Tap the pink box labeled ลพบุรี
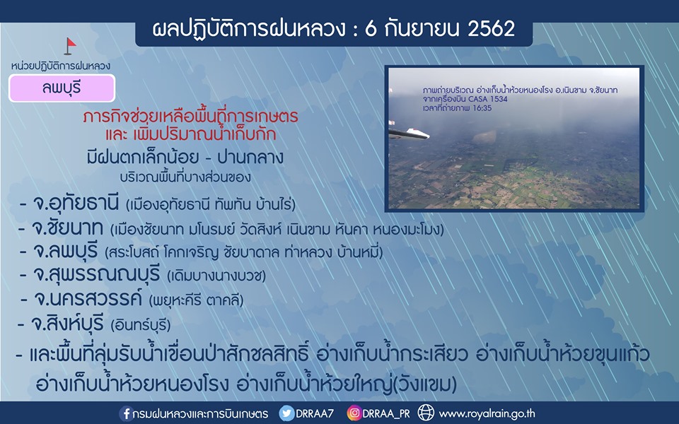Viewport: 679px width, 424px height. [62, 88]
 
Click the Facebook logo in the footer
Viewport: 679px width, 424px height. [126, 413]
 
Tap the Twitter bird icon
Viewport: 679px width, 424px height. [286, 413]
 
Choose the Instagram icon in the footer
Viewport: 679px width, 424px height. [354, 413]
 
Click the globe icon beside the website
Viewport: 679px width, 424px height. [426, 413]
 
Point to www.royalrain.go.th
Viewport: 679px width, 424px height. [487, 414]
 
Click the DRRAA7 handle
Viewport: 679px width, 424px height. [315, 413]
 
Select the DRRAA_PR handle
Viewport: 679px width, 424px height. [386, 414]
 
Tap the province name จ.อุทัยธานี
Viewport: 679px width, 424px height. [76, 204]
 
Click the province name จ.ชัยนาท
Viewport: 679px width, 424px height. [67, 228]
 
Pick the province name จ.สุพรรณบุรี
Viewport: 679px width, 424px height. [97, 275]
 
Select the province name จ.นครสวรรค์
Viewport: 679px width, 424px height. [88, 298]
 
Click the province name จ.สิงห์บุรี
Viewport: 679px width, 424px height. [68, 323]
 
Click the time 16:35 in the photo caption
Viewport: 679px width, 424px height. [482, 108]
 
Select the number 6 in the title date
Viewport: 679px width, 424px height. [371, 29]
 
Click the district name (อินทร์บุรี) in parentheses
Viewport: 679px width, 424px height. [141, 324]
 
